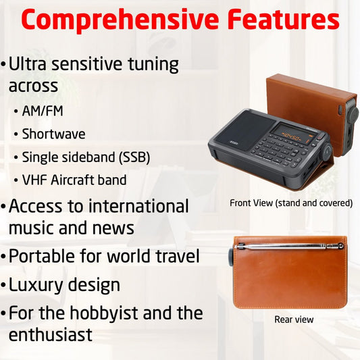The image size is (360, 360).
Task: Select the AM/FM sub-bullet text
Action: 43,110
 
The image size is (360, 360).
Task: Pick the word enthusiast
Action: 51,334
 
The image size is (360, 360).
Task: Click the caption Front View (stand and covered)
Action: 291,203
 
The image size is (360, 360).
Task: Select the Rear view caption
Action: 294,319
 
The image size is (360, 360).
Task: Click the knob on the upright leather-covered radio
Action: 353,113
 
